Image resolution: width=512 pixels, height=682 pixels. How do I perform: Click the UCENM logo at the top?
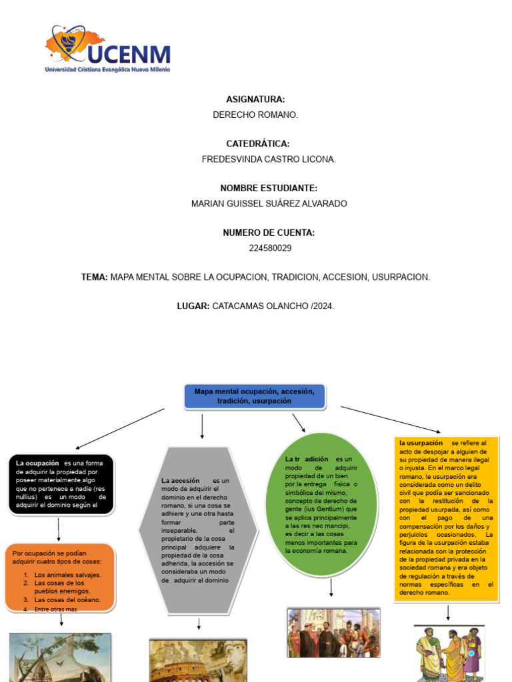107,50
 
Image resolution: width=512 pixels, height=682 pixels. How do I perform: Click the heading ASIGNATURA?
255,99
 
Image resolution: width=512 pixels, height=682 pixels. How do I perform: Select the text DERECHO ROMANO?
255,115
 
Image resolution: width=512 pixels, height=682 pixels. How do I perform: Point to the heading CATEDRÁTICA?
257,144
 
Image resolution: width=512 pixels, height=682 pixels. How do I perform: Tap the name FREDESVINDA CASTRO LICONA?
269,159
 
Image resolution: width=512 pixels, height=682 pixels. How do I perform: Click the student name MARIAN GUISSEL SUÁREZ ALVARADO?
269,204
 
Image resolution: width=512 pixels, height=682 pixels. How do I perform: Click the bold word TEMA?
94,277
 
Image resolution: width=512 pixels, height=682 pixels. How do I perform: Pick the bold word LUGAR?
193,306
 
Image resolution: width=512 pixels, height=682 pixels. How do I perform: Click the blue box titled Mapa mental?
254,396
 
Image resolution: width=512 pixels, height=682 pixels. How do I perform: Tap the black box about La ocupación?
61,484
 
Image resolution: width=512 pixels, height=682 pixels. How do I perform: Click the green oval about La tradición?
321,504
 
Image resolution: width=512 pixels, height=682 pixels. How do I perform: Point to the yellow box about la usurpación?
446,517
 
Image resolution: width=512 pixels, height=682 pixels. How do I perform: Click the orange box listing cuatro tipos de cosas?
60,577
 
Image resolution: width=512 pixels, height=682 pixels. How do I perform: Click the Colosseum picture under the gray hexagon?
198,660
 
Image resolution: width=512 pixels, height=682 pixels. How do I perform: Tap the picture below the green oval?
333,632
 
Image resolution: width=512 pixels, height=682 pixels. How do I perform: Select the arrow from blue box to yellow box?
391,420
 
